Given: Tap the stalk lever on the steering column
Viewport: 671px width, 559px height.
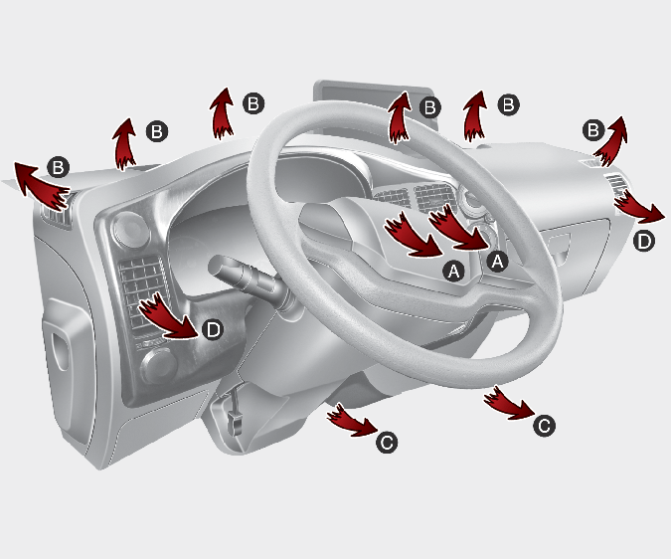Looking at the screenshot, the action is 245,278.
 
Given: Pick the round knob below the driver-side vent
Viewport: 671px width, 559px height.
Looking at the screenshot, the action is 160,366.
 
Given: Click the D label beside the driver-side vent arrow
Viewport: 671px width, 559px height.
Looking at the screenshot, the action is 213,329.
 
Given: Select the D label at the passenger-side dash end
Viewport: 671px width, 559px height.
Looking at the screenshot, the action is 643,241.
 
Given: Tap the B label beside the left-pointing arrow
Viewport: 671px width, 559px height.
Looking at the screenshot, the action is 59,167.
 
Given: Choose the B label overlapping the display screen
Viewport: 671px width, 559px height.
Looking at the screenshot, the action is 429,107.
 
